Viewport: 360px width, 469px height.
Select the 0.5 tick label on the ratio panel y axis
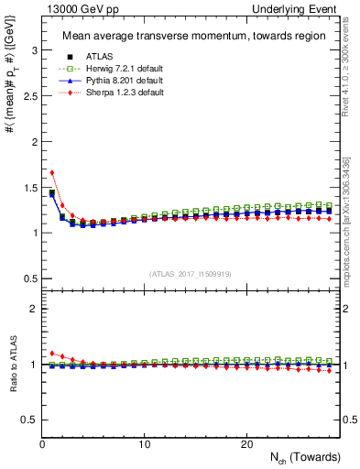tap(27, 420)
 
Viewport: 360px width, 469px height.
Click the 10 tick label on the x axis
tap(144, 444)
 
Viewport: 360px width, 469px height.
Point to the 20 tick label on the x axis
tap(245, 444)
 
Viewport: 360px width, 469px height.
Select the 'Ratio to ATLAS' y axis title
tap(12, 365)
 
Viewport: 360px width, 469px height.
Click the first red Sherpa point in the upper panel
tap(52, 172)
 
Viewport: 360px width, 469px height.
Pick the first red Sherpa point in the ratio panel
tap(52, 353)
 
